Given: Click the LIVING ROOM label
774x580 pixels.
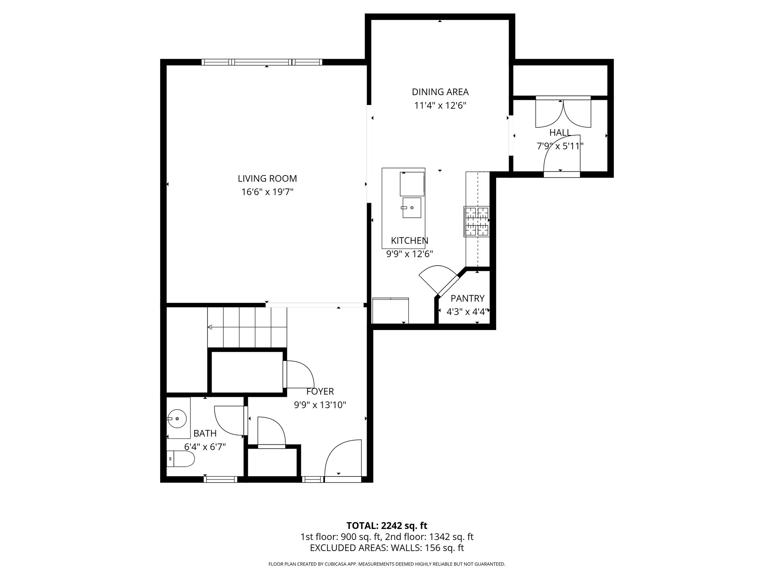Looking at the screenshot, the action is click(x=267, y=178).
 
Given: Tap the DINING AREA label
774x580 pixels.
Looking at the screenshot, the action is click(x=440, y=92).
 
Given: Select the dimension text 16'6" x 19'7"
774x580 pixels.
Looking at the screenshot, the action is click(x=267, y=192).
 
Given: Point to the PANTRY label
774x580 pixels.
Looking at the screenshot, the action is click(x=467, y=298).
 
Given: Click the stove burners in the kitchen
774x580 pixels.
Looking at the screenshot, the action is click(x=477, y=222).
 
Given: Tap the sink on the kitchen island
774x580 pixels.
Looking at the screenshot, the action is click(x=412, y=208).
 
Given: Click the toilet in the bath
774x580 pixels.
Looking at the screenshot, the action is click(x=181, y=459).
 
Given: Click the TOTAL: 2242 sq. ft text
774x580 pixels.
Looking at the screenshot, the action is click(x=387, y=526).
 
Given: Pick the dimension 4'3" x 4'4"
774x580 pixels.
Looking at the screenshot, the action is click(x=467, y=312).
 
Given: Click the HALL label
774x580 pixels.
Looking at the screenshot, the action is click(x=560, y=133).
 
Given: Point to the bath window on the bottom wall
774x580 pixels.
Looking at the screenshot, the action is click(x=221, y=479).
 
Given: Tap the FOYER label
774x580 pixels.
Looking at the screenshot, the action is click(x=320, y=392).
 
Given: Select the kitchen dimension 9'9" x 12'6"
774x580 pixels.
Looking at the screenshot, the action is click(x=409, y=254).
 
